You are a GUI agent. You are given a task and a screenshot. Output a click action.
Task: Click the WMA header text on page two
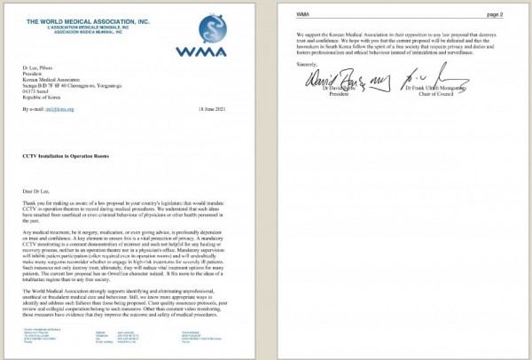(301, 15)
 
